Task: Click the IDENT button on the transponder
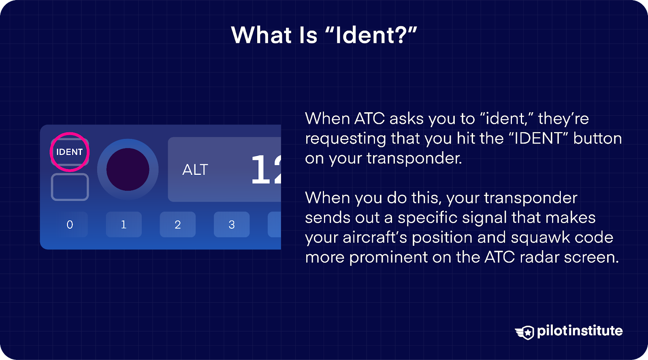pyautogui.click(x=70, y=152)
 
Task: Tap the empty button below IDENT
pyautogui.click(x=70, y=187)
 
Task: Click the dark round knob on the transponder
pyautogui.click(x=128, y=169)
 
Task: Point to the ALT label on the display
pyautogui.click(x=195, y=170)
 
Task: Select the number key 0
pyautogui.click(x=70, y=224)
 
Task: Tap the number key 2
pyautogui.click(x=177, y=224)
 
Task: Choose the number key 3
pyautogui.click(x=231, y=224)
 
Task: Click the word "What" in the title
pyautogui.click(x=262, y=35)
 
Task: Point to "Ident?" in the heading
pyautogui.click(x=371, y=35)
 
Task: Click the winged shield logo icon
pyautogui.click(x=525, y=332)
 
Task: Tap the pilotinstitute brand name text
pyautogui.click(x=580, y=331)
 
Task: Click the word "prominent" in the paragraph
pyautogui.click(x=388, y=258)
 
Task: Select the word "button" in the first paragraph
pyautogui.click(x=597, y=138)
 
